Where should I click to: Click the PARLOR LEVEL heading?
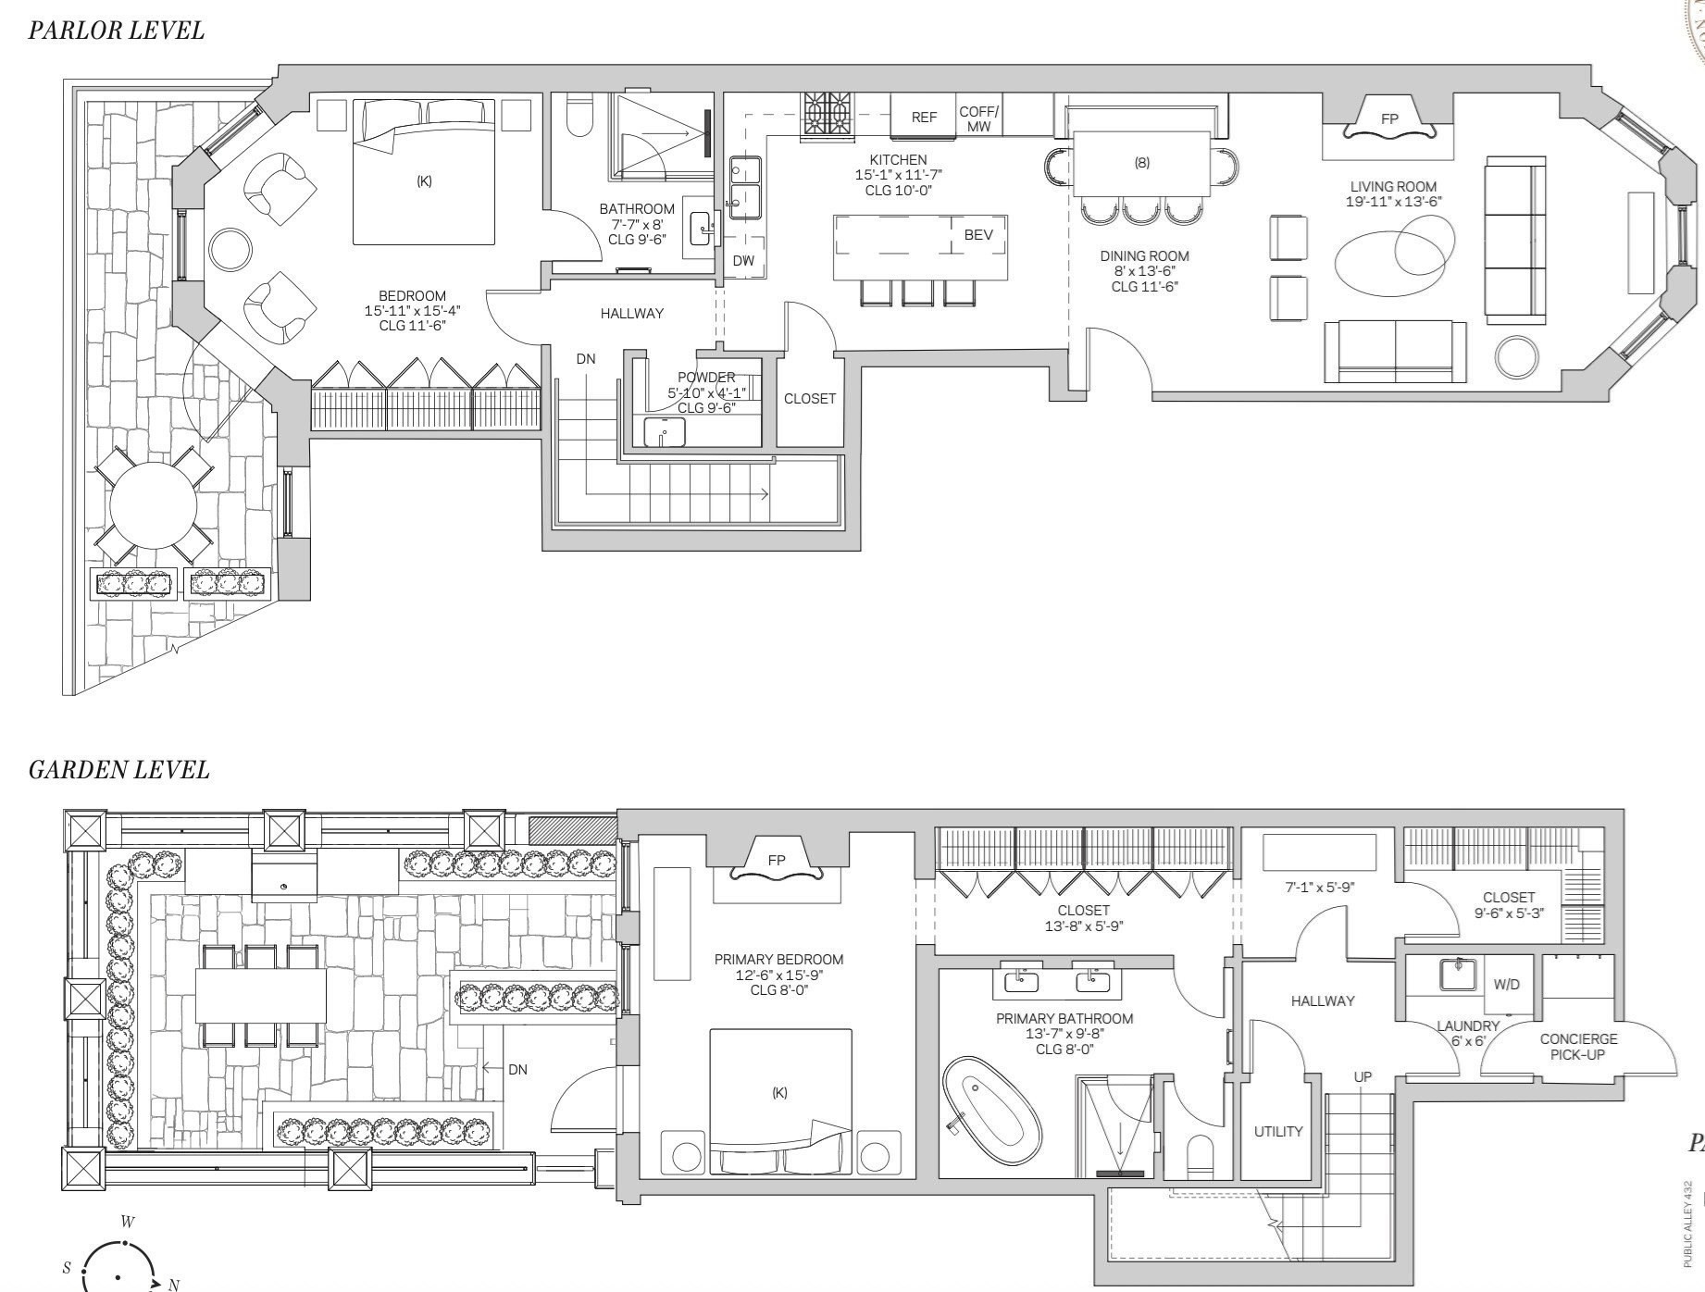[x=116, y=31]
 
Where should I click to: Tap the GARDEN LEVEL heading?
[x=118, y=770]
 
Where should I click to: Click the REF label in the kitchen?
[x=923, y=118]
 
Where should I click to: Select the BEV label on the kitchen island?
[x=978, y=235]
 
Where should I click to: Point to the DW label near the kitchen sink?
[x=743, y=261]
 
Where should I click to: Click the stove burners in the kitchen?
[x=828, y=116]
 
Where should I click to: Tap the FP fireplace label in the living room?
[x=1388, y=119]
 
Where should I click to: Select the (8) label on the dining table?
[x=1142, y=163]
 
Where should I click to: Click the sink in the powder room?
[x=665, y=431]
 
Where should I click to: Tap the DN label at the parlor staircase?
[x=586, y=359]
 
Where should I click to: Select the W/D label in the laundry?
[x=1506, y=984]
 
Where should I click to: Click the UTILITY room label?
[x=1277, y=1132]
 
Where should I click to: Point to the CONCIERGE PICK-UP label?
[x=1578, y=1047]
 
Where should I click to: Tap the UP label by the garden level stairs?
[x=1363, y=1077]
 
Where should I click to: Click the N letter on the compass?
[x=173, y=1285]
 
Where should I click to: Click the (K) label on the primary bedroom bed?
[x=779, y=1093]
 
